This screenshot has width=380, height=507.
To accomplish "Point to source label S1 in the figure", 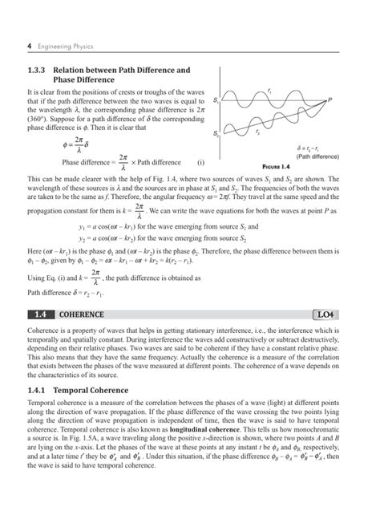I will (x=217, y=101).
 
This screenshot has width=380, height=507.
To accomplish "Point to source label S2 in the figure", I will (x=217, y=133).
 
